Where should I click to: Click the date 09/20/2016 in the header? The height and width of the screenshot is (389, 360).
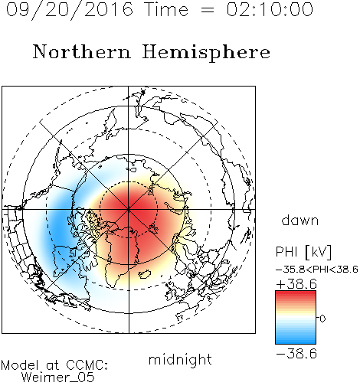pyautogui.click(x=70, y=10)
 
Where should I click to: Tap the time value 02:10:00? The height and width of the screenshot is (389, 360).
pyautogui.click(x=270, y=9)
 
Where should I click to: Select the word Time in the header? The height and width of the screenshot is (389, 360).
pyautogui.click(x=166, y=9)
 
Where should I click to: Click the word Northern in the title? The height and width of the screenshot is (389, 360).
pyautogui.click(x=82, y=51)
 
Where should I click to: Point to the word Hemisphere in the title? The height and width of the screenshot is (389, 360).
pyautogui.click(x=206, y=53)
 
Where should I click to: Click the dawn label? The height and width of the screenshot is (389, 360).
pyautogui.click(x=300, y=221)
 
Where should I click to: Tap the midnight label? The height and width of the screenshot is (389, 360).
pyautogui.click(x=180, y=359)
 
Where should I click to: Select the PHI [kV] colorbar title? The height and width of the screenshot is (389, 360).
pyautogui.click(x=304, y=252)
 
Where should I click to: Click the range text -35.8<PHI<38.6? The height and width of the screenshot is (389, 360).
pyautogui.click(x=316, y=270)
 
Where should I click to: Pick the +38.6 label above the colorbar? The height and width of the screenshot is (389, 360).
pyautogui.click(x=296, y=284)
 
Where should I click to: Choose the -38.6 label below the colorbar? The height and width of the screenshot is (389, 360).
pyautogui.click(x=296, y=354)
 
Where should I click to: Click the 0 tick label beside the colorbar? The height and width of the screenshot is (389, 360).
pyautogui.click(x=322, y=319)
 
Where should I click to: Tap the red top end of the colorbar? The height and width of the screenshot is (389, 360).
pyautogui.click(x=296, y=293)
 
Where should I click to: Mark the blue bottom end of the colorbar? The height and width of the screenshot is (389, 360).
pyautogui.click(x=296, y=341)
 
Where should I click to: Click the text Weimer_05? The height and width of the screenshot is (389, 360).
pyautogui.click(x=58, y=378)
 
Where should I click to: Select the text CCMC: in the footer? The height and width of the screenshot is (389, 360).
pyautogui.click(x=87, y=365)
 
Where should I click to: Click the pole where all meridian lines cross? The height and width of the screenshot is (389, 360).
pyautogui.click(x=129, y=209)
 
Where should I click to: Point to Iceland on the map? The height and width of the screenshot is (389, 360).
pyautogui.click(x=145, y=274)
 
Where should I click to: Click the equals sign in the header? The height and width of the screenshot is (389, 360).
pyautogui.click(x=208, y=10)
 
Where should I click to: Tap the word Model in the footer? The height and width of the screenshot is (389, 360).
pyautogui.click(x=20, y=365)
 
